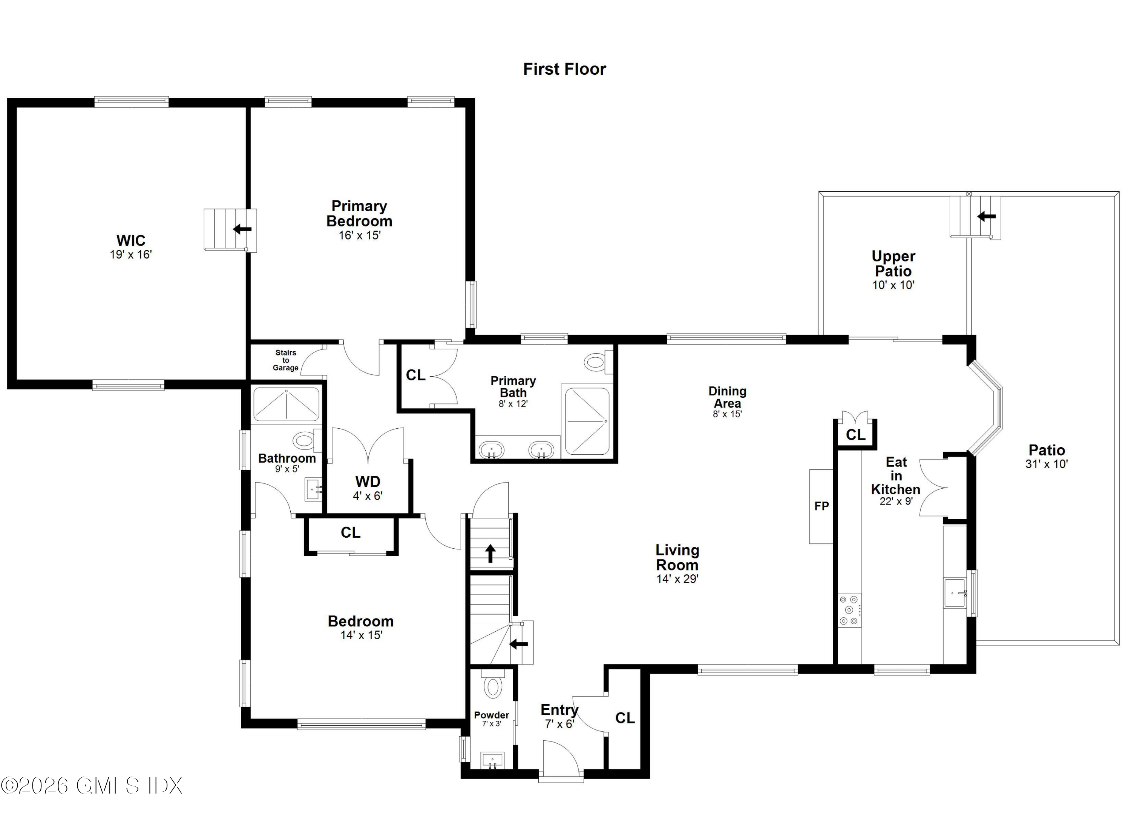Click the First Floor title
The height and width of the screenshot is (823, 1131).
[x=564, y=69]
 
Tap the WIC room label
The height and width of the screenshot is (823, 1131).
[x=131, y=241]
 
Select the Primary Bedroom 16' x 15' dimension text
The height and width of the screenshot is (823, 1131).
[x=360, y=235]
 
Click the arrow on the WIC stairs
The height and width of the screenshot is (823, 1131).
[x=242, y=229]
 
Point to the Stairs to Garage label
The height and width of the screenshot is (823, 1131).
[x=286, y=360]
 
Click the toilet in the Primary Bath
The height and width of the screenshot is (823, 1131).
[x=596, y=362]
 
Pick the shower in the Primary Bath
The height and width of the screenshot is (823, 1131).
[x=587, y=421]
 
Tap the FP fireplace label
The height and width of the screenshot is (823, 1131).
[x=821, y=506]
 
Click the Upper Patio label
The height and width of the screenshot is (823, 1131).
[x=893, y=263]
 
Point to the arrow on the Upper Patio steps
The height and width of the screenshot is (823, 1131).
[x=986, y=217]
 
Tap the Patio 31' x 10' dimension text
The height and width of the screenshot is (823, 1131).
[x=1046, y=464]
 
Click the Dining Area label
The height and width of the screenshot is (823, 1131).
[x=727, y=397]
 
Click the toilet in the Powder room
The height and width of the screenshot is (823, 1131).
[x=493, y=687]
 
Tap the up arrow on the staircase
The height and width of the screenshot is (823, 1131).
[x=490, y=553]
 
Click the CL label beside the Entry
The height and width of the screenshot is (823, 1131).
[x=625, y=718]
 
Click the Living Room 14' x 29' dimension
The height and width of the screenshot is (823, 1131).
[x=677, y=579]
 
